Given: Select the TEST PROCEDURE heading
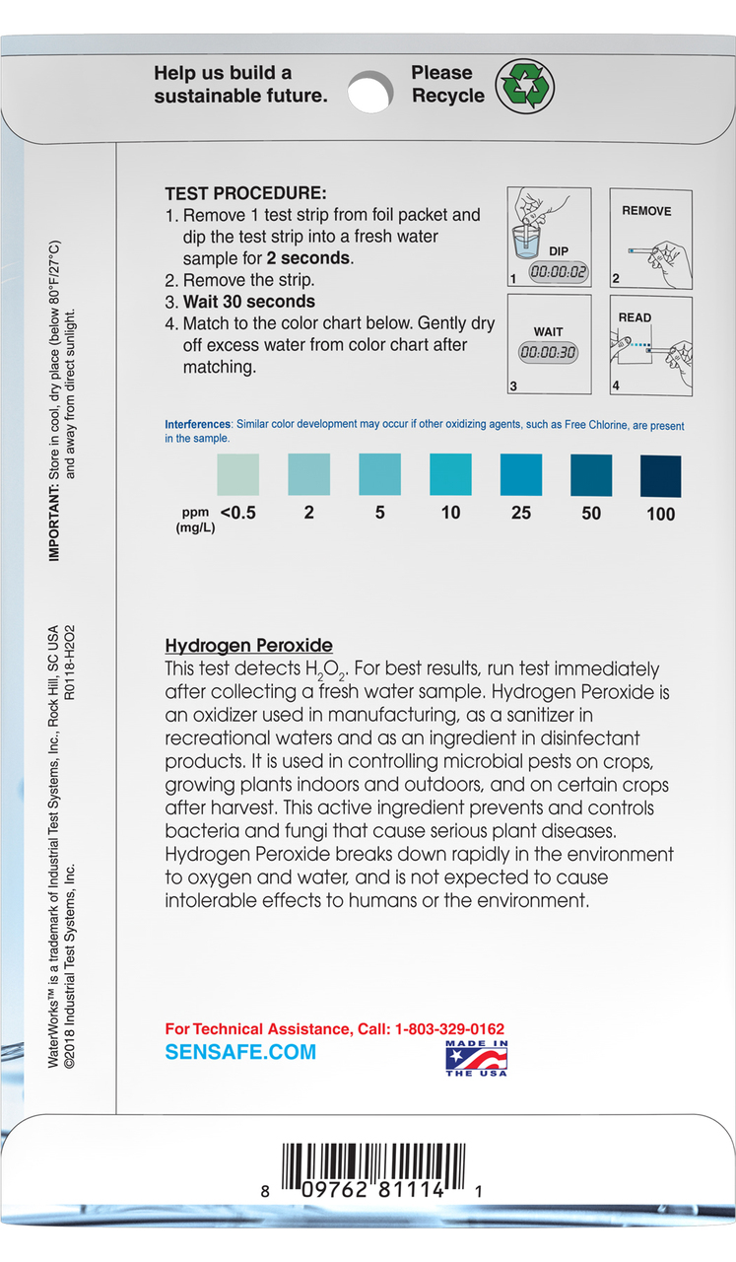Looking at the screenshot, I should [x=245, y=194].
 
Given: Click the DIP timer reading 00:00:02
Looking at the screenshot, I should [x=558, y=271].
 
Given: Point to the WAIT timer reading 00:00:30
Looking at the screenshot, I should [x=549, y=352].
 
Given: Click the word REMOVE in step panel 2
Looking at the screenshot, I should [x=646, y=211].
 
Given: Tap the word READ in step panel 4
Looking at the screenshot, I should [x=635, y=317].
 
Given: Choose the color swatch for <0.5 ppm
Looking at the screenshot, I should [x=237, y=474].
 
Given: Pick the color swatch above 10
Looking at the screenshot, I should [x=450, y=474].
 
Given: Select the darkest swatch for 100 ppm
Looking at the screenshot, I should [x=661, y=474].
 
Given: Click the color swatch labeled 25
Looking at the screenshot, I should [x=521, y=474].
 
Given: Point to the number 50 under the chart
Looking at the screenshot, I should [x=591, y=514].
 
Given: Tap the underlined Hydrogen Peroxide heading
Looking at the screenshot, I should [x=248, y=647].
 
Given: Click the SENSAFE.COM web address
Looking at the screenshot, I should [x=240, y=1052].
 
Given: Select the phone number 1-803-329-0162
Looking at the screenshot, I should [x=449, y=1029].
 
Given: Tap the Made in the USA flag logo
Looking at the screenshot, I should [x=476, y=1059].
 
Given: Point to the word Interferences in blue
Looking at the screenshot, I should [x=198, y=425].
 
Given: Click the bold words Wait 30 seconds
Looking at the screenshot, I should [x=249, y=302].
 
